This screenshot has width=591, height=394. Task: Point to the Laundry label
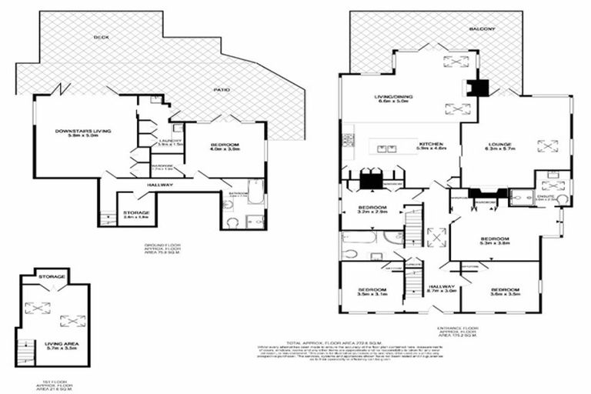(x=170, y=142)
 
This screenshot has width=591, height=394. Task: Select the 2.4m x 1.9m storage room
(x=137, y=215)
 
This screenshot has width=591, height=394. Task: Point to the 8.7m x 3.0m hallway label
(x=443, y=290)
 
